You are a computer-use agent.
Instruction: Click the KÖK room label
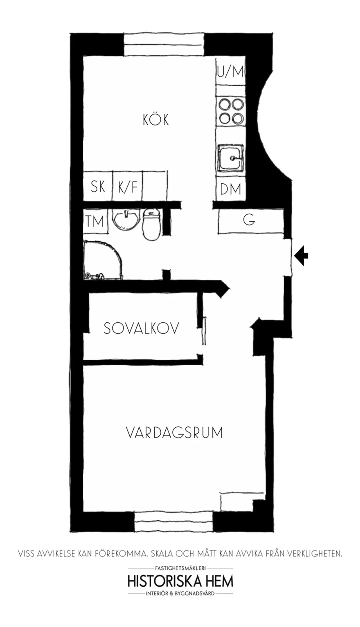tap(156, 119)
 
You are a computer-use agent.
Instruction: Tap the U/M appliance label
tap(230, 72)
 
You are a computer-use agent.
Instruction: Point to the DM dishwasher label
tap(230, 189)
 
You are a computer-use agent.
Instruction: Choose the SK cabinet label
tap(98, 186)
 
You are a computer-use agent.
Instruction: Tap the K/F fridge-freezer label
tap(127, 187)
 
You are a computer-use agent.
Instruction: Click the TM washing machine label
tap(95, 221)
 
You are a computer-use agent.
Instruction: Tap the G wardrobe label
tap(249, 219)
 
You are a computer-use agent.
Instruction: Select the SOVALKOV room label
tap(141, 328)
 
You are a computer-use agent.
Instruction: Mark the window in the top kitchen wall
tap(164, 45)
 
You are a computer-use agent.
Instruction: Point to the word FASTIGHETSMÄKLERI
tap(180, 568)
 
